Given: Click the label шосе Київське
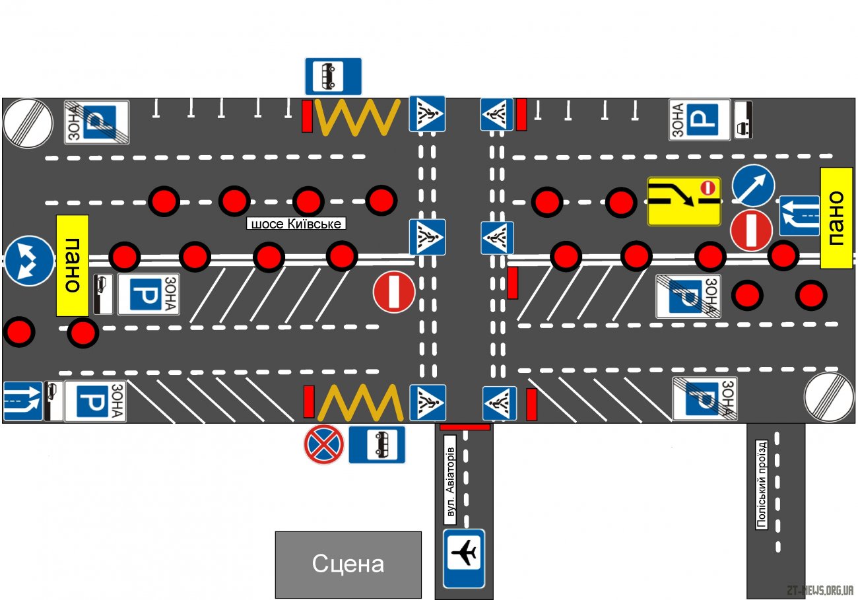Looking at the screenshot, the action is click(x=296, y=223).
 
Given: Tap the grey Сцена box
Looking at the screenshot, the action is click(x=348, y=564).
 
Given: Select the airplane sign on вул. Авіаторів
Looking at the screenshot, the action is click(x=464, y=558).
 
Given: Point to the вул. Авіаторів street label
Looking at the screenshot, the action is click(x=450, y=481).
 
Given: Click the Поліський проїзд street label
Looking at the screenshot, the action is click(x=762, y=484).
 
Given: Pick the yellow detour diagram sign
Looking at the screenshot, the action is click(x=684, y=201).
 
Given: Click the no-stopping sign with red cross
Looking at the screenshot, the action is click(x=324, y=444).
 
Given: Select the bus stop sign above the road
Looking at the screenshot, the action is click(x=333, y=77).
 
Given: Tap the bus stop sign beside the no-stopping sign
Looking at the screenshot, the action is click(x=377, y=445).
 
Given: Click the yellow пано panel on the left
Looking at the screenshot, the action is click(x=73, y=265).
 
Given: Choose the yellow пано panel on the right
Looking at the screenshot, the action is click(x=837, y=218).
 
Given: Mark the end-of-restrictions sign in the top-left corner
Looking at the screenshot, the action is click(x=28, y=123).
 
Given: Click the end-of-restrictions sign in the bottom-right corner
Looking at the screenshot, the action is click(x=829, y=397).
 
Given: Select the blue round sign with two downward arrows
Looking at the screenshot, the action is click(x=29, y=261).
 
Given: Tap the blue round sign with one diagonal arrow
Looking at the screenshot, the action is click(x=754, y=186).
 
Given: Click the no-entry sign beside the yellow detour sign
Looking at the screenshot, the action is click(x=751, y=230).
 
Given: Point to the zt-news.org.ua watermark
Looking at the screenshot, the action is click(x=820, y=590).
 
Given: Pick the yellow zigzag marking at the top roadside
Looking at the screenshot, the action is click(x=357, y=117).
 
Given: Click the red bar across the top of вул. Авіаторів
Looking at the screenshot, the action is click(x=465, y=427).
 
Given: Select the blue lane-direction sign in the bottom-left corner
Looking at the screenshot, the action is click(x=22, y=401).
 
